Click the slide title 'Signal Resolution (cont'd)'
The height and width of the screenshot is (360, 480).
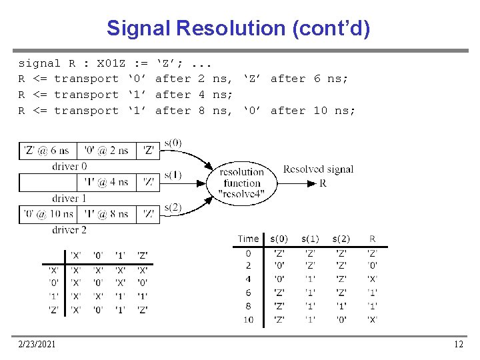[239, 28]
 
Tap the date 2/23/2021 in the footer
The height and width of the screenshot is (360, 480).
[38, 344]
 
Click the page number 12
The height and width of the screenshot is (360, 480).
[458, 344]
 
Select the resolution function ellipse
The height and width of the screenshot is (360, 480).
[242, 183]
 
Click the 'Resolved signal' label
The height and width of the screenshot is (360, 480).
[318, 169]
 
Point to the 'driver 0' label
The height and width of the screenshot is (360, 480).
[69, 166]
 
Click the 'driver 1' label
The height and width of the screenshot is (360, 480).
[69, 198]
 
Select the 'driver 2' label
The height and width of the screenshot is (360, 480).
[69, 230]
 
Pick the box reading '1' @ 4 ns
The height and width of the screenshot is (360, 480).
[106, 182]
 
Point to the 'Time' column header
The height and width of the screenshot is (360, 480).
[248, 239]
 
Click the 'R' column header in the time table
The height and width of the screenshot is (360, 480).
[372, 239]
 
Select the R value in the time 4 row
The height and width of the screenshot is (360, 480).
[372, 279]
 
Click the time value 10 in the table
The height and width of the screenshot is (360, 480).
[248, 320]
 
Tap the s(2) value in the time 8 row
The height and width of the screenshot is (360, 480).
[341, 307]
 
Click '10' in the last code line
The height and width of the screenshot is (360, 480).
[321, 111]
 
